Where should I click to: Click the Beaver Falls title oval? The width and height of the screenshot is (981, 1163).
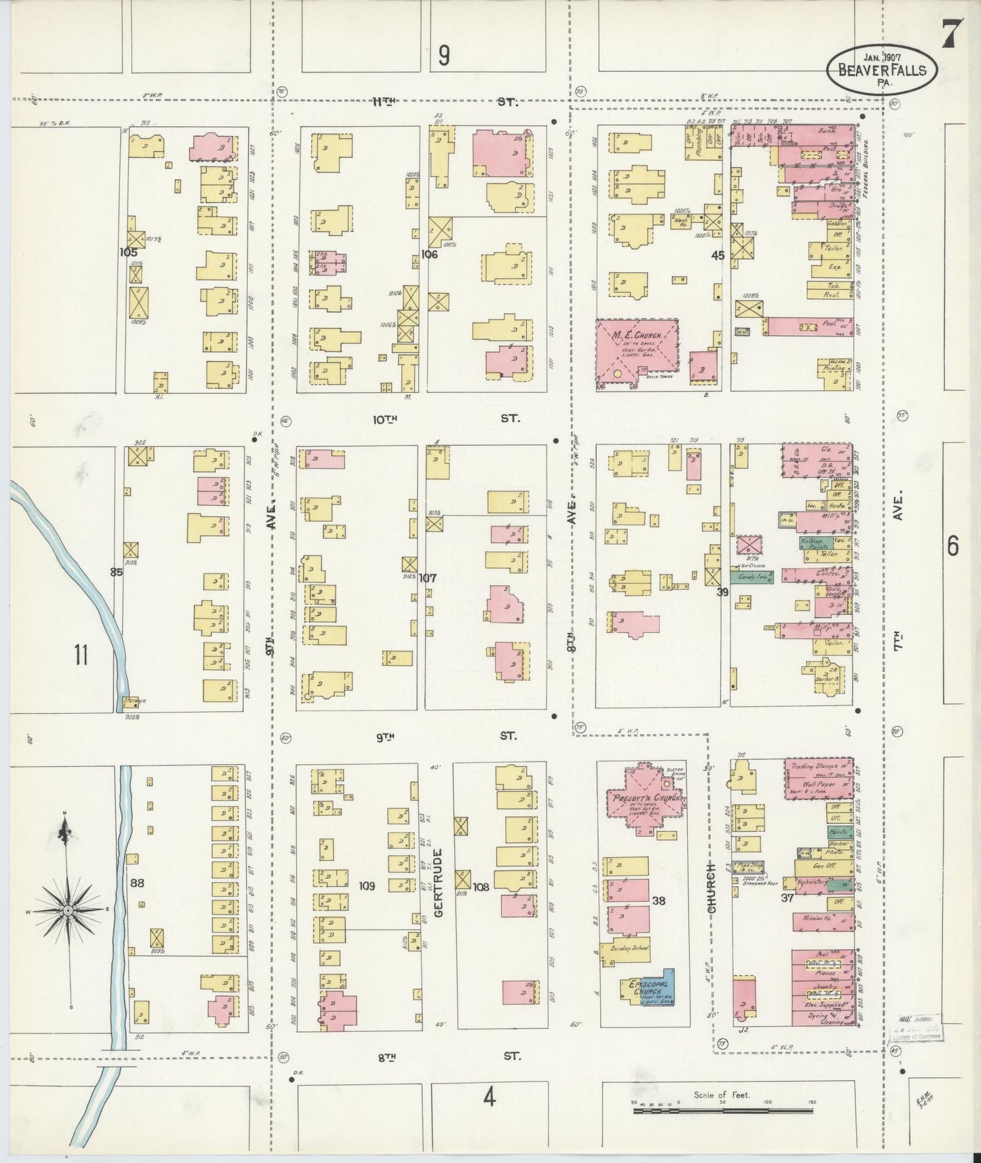[882, 70]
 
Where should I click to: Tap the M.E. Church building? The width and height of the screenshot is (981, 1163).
[637, 354]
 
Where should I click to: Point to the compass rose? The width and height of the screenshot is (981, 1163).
[68, 909]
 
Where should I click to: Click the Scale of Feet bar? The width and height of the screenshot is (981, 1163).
[722, 1111]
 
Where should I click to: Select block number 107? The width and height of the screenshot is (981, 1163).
[428, 578]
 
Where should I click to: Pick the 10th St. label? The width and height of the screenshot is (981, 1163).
[448, 419]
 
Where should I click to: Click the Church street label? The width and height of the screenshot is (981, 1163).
[712, 888]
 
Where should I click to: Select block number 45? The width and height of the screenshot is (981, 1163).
[718, 255]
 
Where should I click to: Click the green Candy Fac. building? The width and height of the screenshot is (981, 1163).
[752, 577]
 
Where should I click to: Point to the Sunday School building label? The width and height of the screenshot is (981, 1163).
[629, 949]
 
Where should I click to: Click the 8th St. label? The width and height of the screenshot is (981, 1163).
[448, 1075]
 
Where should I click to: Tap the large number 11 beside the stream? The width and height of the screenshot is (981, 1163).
[81, 655]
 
